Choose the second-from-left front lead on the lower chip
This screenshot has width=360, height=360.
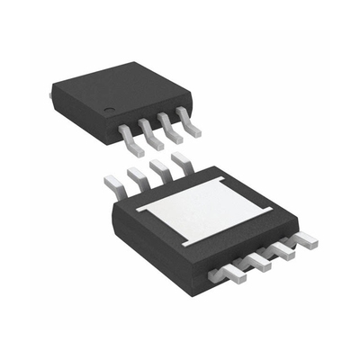pos(256,265)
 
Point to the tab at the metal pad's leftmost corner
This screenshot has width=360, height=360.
pos(138,209)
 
